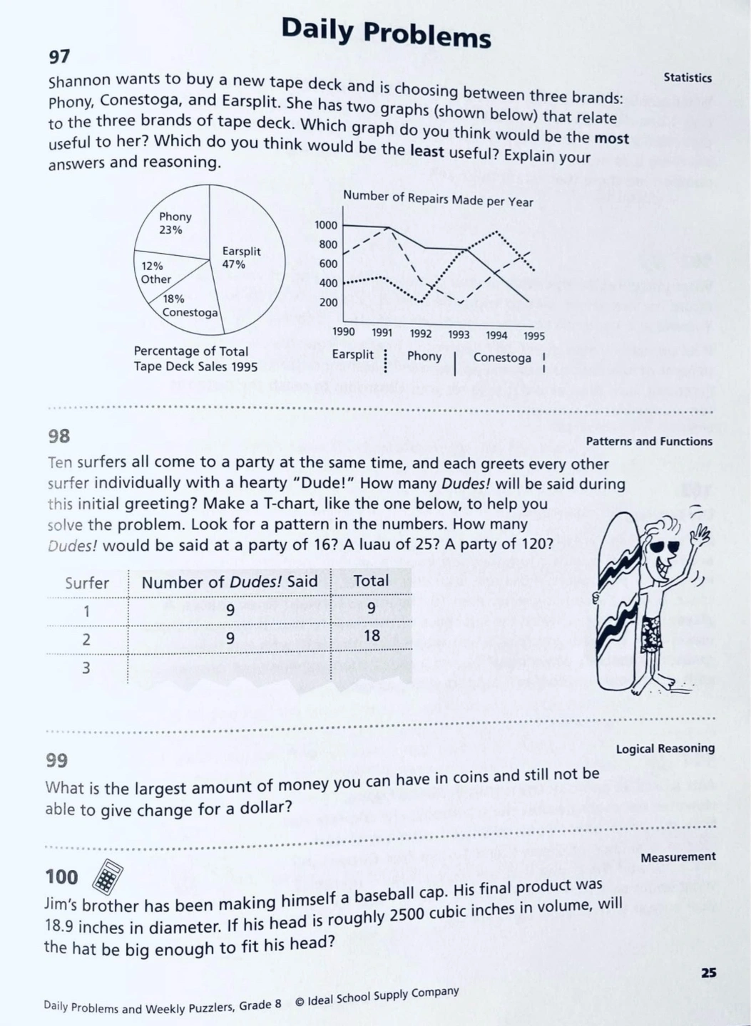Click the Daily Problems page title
click(386, 32)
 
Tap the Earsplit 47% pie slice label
click(240, 257)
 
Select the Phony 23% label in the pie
click(174, 223)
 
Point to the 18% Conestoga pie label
click(188, 306)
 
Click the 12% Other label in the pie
click(155, 272)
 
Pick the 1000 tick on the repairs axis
click(326, 225)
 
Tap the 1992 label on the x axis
click(421, 333)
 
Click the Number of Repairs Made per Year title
click(437, 199)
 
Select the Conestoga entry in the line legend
click(502, 357)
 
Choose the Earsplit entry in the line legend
click(353, 354)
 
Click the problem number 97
click(59, 56)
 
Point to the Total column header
click(371, 581)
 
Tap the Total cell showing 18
click(371, 635)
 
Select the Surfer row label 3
click(86, 668)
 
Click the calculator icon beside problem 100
click(108, 876)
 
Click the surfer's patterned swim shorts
click(651, 632)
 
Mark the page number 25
click(708, 973)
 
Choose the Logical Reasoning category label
click(665, 748)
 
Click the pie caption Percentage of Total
click(191, 351)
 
